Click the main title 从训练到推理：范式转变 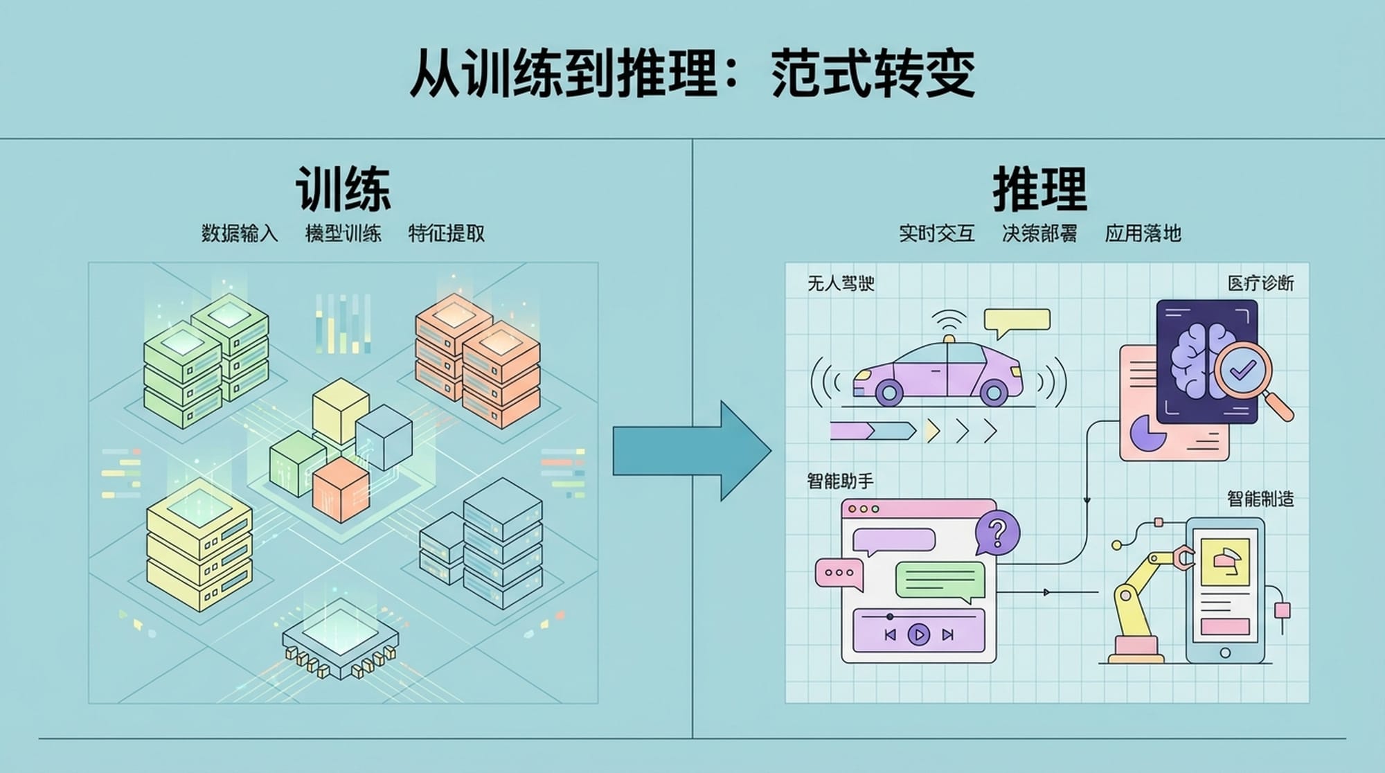692,73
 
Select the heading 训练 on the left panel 343,188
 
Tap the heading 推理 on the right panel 1039,188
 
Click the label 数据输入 240,233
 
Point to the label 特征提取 446,233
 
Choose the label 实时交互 936,233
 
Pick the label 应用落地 1143,233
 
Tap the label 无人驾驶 841,283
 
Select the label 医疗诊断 1260,283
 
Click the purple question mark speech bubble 997,532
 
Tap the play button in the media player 919,634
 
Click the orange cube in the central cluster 340,488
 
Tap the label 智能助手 840,481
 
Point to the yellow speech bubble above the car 1017,320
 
